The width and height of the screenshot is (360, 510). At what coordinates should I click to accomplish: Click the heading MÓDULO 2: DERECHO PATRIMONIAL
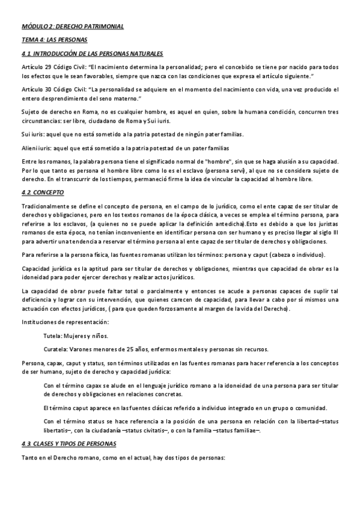click(x=74, y=28)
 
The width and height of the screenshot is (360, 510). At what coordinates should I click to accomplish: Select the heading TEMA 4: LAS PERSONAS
click(x=54, y=40)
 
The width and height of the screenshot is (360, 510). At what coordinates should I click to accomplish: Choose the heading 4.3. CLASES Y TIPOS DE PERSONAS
click(x=73, y=444)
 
